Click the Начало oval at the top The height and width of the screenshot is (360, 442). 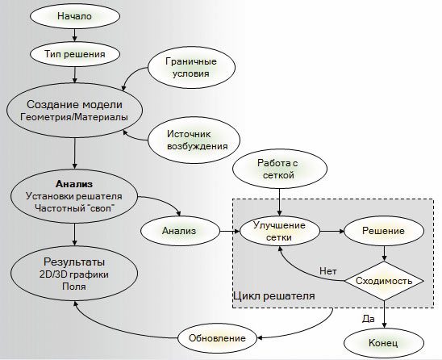(75, 16)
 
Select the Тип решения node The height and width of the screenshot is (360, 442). (75, 55)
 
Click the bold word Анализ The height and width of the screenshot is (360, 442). (75, 182)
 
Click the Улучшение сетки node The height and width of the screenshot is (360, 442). (277, 230)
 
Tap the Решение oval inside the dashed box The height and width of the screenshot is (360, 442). (383, 230)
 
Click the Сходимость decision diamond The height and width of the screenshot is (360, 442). (384, 280)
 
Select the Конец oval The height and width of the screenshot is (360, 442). (383, 342)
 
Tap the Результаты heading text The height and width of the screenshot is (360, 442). (74, 262)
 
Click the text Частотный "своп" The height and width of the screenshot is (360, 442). (74, 208)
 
